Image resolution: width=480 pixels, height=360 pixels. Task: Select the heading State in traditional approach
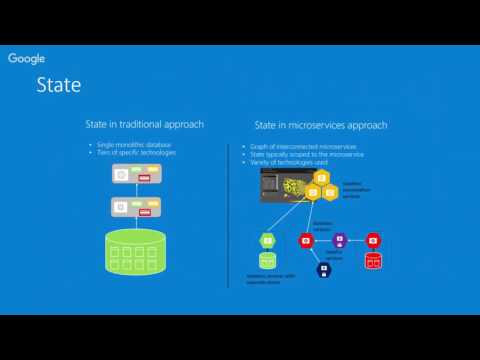click(144, 124)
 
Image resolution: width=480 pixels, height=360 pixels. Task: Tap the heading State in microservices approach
click(321, 126)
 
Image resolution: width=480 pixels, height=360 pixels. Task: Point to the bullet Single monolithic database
click(135, 145)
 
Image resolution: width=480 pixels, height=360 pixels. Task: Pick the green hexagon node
click(267, 240)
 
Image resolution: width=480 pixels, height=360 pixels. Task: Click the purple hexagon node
click(339, 240)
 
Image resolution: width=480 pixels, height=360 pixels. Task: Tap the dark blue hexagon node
click(323, 269)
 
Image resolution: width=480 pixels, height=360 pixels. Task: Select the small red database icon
click(373, 260)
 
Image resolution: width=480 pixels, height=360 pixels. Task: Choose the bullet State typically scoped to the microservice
click(308, 153)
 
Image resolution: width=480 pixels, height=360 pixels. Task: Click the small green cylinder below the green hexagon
click(267, 260)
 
